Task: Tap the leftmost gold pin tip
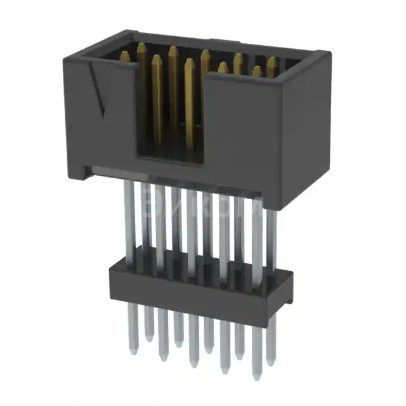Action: [x=125, y=56]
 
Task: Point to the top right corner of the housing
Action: [x=329, y=52]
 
